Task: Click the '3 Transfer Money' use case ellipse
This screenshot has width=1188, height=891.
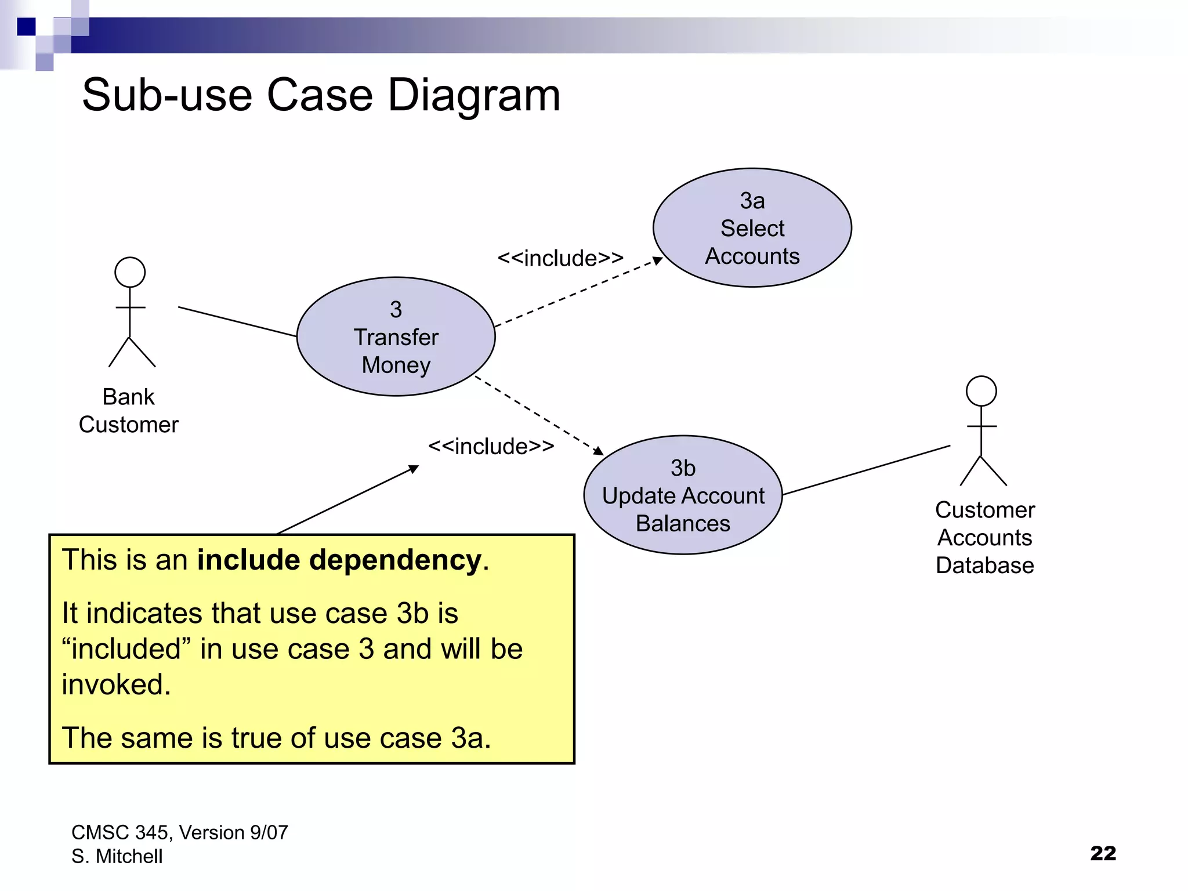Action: point(396,337)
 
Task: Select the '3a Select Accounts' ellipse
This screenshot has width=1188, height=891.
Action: point(752,228)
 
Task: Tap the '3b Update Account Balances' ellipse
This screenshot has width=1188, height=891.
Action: point(683,495)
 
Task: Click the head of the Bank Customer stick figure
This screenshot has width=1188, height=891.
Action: point(130,273)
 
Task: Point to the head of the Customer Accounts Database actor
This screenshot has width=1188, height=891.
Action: point(981,392)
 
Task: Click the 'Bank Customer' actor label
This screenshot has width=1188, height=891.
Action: point(129,411)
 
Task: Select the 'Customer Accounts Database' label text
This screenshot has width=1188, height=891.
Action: point(985,538)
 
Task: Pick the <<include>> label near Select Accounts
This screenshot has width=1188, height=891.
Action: point(560,258)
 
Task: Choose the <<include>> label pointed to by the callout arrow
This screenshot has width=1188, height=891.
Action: point(491,446)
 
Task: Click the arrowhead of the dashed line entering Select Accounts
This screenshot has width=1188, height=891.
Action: point(658,260)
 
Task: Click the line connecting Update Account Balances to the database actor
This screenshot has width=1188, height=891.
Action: point(866,470)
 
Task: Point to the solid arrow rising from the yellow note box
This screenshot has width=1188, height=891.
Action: point(348,499)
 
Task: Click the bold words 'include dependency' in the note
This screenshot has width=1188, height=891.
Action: point(339,560)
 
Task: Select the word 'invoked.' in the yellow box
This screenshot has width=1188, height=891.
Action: point(117,684)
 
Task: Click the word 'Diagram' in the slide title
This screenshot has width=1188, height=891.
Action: point(473,96)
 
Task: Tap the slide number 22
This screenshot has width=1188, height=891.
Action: point(1103,853)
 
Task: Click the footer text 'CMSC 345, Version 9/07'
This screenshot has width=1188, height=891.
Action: point(179,832)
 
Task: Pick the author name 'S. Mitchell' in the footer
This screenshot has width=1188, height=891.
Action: point(117,856)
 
